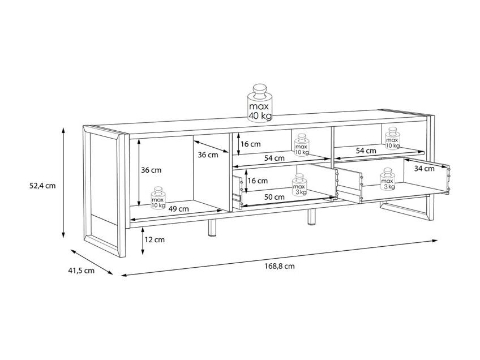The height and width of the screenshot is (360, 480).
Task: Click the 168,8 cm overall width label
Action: point(280,267)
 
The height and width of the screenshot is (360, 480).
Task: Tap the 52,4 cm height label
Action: point(42,186)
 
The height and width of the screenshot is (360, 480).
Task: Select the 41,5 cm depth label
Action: point(81,271)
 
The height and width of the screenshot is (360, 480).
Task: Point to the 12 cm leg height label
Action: point(155,239)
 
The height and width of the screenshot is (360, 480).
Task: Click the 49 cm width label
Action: point(179,209)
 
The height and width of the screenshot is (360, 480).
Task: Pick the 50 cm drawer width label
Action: point(275,197)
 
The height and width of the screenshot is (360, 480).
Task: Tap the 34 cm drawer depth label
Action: point(425,168)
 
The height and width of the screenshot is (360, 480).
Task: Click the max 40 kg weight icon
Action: point(260,103)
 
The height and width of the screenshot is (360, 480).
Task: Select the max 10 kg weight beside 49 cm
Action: point(158,198)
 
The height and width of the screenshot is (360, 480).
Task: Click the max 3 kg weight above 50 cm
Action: point(299,185)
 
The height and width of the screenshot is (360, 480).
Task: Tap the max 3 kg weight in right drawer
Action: point(388,179)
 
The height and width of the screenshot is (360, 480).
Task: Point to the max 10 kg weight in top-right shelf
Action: point(392,138)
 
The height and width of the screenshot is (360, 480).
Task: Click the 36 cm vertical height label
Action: point(151,170)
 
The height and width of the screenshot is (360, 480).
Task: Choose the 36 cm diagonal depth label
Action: point(208,155)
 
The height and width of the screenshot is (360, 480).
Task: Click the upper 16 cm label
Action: point(250,144)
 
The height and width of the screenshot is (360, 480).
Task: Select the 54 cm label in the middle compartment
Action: point(275,158)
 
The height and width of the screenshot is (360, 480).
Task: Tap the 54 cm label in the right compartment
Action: point(366,151)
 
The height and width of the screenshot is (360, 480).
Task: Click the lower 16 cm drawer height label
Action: point(258,181)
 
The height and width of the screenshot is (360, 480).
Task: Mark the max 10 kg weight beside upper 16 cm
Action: point(302,145)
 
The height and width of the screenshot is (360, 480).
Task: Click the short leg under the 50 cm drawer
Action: point(312,217)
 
